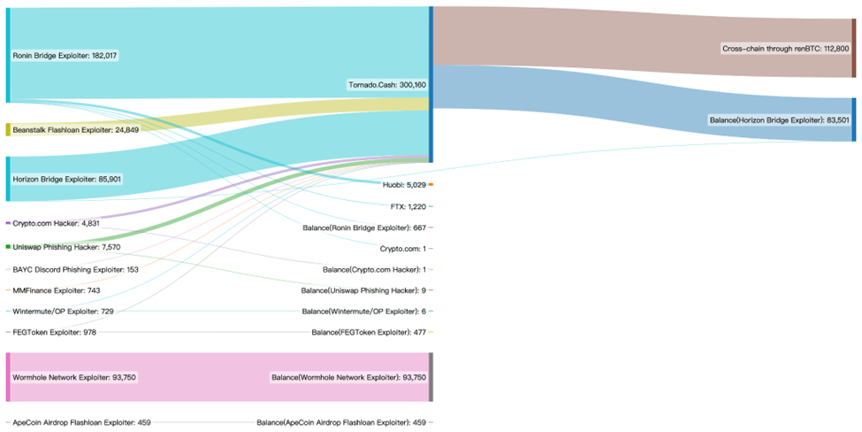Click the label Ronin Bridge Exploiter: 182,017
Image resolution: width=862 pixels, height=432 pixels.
65,55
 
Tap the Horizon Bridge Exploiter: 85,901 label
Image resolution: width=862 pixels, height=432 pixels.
67,179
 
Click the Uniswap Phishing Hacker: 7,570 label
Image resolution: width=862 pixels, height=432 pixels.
66,247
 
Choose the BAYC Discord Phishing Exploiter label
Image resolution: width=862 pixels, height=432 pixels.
75,269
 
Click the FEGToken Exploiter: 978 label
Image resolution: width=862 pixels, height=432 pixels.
55,332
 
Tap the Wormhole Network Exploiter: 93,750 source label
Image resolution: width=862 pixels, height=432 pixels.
74,377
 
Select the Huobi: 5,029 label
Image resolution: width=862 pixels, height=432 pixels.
404,185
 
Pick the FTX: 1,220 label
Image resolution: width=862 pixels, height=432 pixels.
408,206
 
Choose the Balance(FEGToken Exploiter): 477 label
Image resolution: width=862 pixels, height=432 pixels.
369,332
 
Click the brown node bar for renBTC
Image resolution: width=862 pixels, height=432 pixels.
853,42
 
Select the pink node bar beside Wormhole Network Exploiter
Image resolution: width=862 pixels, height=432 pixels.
9,377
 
